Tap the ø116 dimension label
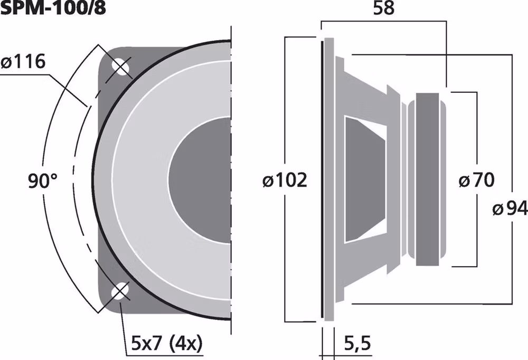point(23,62)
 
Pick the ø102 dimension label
point(285,181)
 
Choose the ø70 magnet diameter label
point(476,181)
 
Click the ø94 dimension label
point(510,210)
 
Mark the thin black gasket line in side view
point(320,179)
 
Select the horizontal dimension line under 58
point(384,22)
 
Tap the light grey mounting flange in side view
point(328,179)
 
